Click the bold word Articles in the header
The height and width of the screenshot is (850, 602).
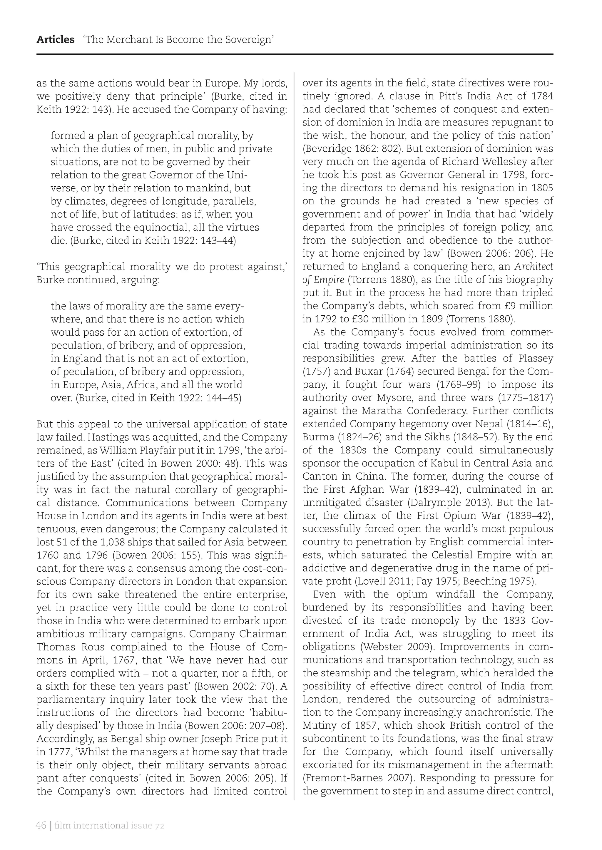(x=55, y=40)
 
